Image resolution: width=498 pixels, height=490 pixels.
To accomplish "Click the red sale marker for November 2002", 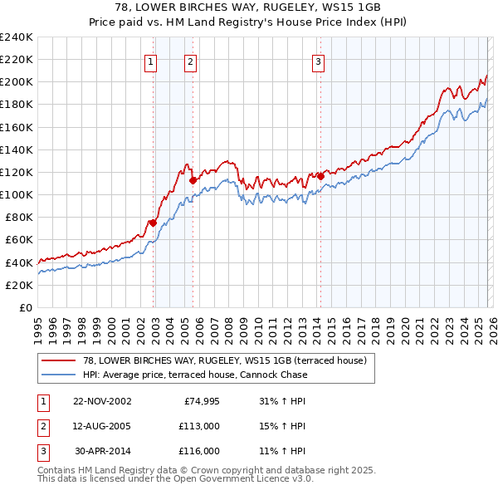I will [x=154, y=223].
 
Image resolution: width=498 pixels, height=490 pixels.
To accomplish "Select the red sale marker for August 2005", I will [x=193, y=179].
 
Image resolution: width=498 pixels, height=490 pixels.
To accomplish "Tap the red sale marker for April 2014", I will [x=320, y=176].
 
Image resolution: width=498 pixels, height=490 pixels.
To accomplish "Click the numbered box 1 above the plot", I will [x=151, y=61].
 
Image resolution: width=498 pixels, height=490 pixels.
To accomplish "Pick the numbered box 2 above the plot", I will [x=190, y=61].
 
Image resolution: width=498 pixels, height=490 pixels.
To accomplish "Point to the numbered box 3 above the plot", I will [x=318, y=61].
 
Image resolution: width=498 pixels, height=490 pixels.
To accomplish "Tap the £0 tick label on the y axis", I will [x=25, y=307].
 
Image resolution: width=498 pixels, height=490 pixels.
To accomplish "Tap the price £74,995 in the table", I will [x=200, y=400].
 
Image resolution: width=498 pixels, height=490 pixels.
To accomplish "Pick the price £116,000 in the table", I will [x=200, y=451].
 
